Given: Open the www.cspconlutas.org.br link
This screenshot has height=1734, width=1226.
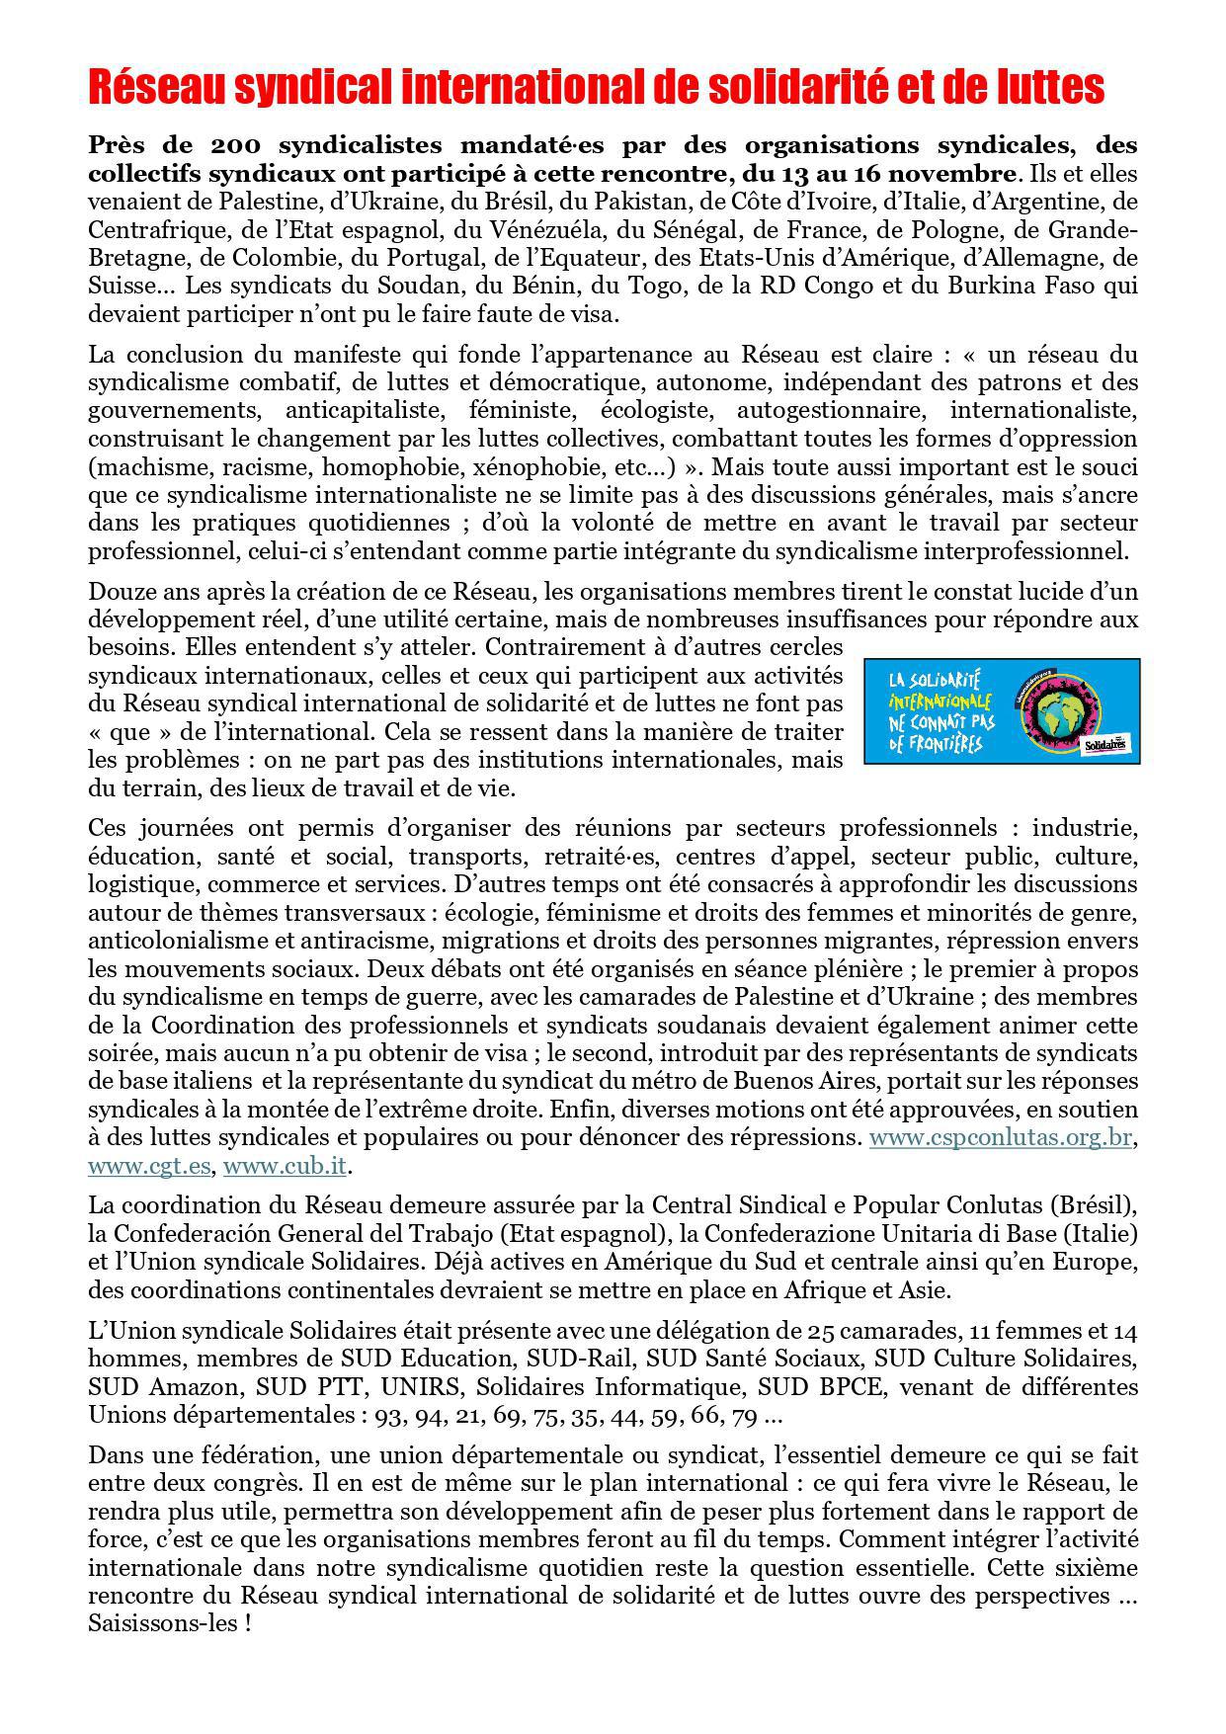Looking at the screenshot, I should tap(1000, 1137).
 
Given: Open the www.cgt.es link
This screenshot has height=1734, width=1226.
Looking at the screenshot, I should tap(149, 1166).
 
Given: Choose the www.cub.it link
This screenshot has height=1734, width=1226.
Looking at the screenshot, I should tap(285, 1166).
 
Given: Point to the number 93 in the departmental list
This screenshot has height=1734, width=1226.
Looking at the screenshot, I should tap(388, 1417).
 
